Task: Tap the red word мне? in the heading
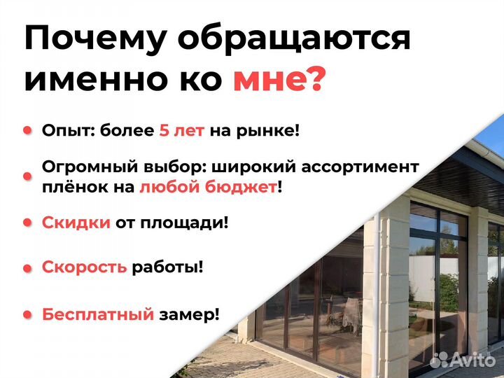pyautogui.click(x=279, y=80)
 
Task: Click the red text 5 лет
pyautogui.click(x=181, y=130)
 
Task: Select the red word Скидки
pyautogui.click(x=76, y=223)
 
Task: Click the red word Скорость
pyautogui.click(x=85, y=267)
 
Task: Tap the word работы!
pyautogui.click(x=167, y=267)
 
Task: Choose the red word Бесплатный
pyautogui.click(x=97, y=314)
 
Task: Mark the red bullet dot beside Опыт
pyautogui.click(x=28, y=130)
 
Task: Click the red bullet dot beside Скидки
pyautogui.click(x=28, y=223)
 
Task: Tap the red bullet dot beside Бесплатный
pyautogui.click(x=28, y=314)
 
